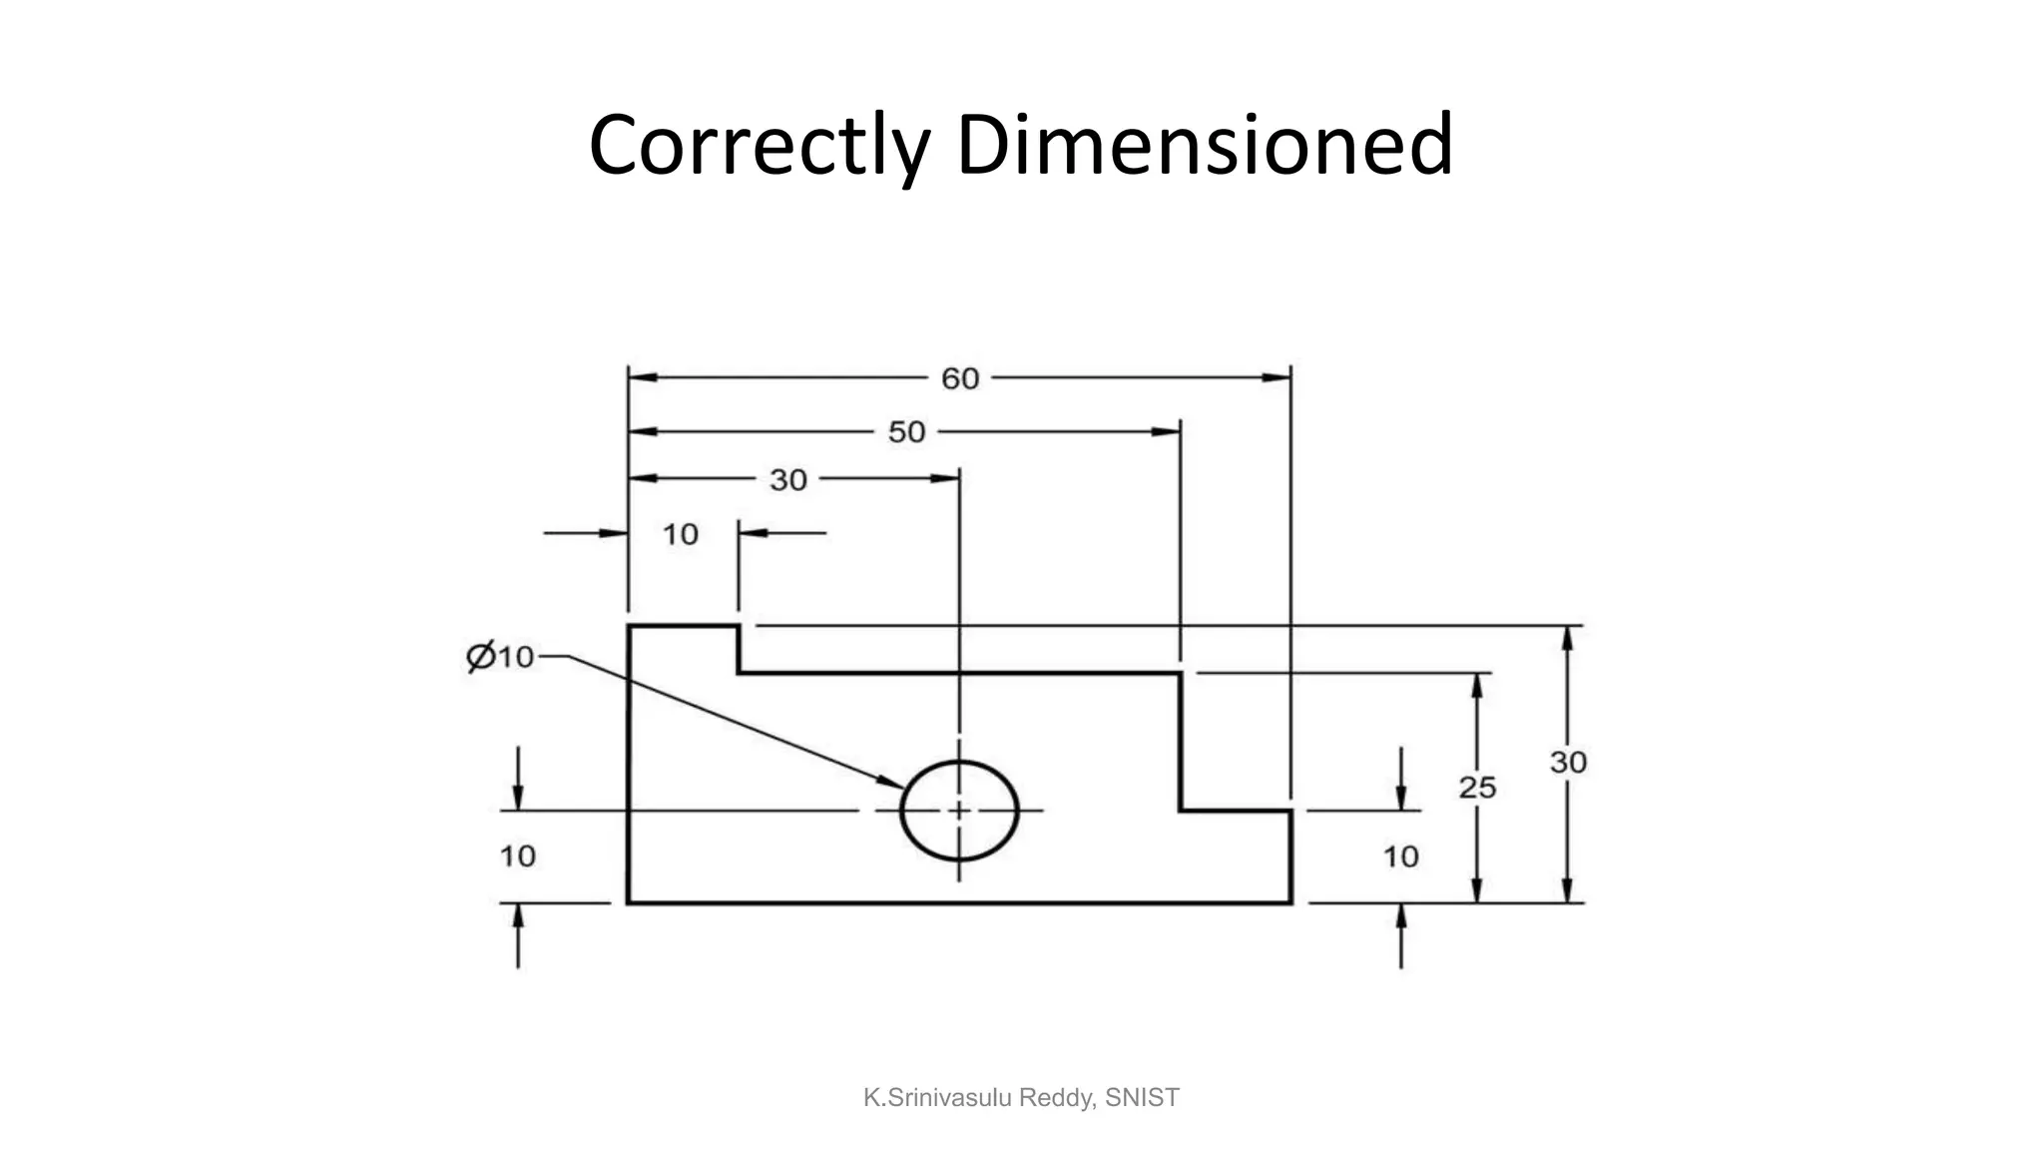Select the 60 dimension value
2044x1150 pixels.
coord(960,378)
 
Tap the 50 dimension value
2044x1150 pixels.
coord(906,432)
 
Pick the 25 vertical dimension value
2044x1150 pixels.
coord(1477,788)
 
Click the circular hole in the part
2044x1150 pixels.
coord(959,811)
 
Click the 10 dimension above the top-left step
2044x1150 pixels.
coord(681,534)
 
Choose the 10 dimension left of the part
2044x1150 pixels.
coord(517,856)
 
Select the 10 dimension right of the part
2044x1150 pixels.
coord(1400,856)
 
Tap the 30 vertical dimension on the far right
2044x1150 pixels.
coord(1567,763)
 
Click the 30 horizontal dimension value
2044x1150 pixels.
coord(787,480)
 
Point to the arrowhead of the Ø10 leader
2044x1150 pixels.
coord(890,781)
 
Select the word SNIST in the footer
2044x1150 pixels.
coord(1143,1098)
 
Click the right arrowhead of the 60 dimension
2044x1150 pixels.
coord(1277,378)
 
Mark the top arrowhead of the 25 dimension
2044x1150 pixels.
coord(1477,688)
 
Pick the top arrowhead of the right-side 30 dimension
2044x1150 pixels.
coord(1567,640)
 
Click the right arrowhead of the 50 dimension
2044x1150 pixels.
coord(1166,432)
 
